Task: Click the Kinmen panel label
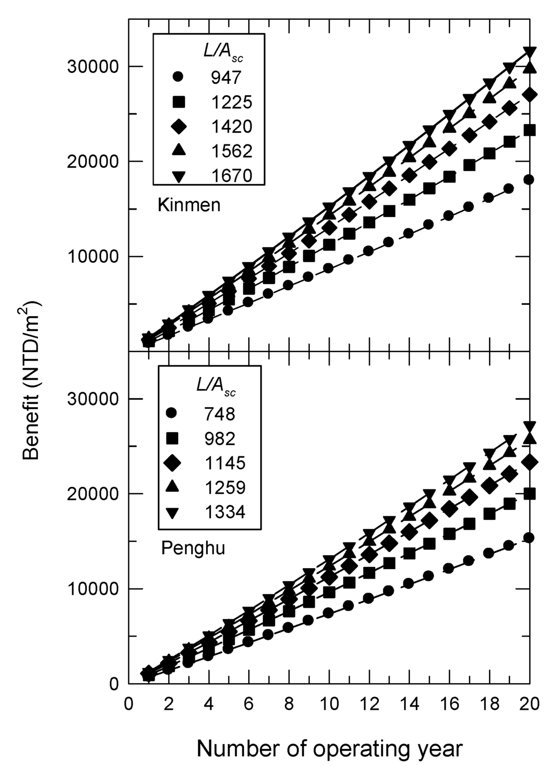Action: click(x=189, y=205)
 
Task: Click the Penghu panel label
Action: click(x=193, y=548)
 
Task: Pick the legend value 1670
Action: click(x=231, y=175)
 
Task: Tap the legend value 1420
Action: click(x=231, y=126)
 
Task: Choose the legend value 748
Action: click(x=219, y=414)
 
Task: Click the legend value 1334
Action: click(x=225, y=512)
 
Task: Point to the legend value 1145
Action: click(x=225, y=463)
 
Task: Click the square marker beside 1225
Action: click(x=178, y=102)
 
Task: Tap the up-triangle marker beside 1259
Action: click(x=171, y=487)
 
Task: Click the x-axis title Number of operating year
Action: click(x=329, y=748)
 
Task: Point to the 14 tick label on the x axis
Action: click(x=409, y=703)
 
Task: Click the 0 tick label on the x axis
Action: click(x=128, y=703)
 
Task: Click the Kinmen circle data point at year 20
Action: click(x=529, y=180)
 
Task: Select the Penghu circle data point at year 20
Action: click(x=529, y=538)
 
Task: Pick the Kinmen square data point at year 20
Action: click(x=529, y=130)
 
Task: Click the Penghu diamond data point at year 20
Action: click(x=529, y=462)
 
